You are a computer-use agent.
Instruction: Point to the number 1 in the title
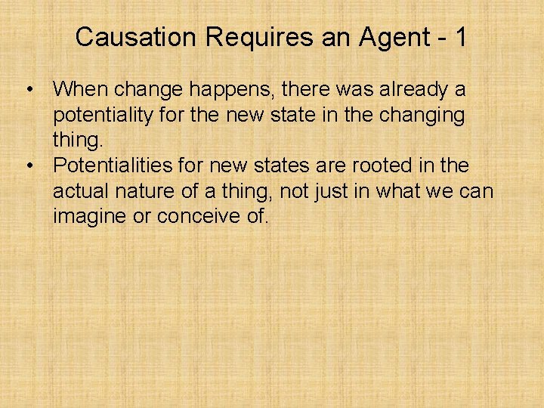click(x=460, y=37)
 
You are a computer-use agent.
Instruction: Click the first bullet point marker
click(x=28, y=90)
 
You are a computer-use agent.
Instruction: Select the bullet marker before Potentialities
click(x=28, y=165)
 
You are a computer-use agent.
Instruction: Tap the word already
click(x=410, y=90)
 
